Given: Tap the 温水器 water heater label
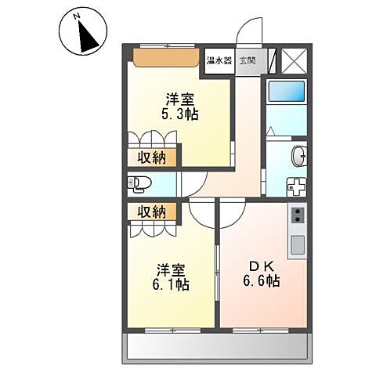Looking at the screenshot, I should coord(219,61).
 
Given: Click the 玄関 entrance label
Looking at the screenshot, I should coord(248,61).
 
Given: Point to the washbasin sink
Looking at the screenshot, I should coord(299,157).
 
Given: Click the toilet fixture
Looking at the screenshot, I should coord(139,185).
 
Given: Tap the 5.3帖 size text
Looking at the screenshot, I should coord(180,114).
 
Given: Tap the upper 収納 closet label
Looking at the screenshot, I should coord(153,158).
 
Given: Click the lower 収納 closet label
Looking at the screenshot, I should coord(153,211).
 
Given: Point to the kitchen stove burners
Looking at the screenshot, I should coord(298,216).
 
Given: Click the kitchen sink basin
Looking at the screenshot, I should coord(298,245).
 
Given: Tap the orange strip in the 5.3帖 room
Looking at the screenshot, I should coord(164,57).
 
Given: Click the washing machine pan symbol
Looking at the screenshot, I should coord(296,189).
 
